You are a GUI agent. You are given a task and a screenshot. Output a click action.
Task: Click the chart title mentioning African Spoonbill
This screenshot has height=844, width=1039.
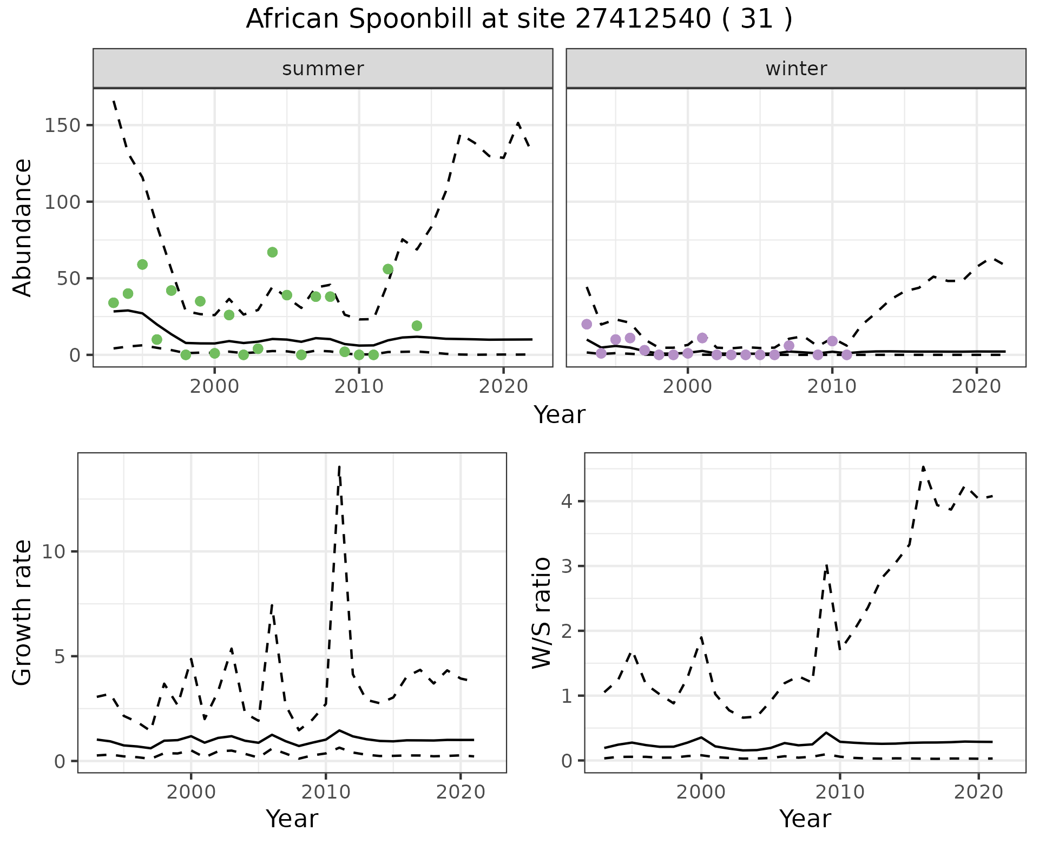(x=519, y=19)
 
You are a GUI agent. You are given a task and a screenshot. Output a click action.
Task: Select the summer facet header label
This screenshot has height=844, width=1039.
(x=323, y=69)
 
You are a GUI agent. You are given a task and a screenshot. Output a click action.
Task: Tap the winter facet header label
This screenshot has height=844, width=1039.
(x=796, y=69)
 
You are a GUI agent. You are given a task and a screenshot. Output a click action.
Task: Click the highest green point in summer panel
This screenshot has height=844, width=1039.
(x=272, y=252)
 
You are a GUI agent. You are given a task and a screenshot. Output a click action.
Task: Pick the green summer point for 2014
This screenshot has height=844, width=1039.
(x=417, y=326)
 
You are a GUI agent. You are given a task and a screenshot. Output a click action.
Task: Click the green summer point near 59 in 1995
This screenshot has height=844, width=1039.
(x=142, y=265)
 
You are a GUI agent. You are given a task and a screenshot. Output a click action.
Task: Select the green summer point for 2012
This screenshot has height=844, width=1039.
(x=387, y=269)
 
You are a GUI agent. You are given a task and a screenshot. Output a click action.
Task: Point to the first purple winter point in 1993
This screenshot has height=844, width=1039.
(x=587, y=324)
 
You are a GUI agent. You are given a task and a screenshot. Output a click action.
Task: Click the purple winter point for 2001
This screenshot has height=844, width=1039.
(x=702, y=338)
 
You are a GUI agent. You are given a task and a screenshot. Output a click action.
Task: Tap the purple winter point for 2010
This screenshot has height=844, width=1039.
(x=832, y=341)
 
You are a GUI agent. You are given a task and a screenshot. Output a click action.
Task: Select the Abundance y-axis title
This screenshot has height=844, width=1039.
(x=23, y=227)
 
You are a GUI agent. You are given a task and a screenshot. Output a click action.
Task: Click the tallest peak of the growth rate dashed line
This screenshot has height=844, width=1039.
(x=339, y=466)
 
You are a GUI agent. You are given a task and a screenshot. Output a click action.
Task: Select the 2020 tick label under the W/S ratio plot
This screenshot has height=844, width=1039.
(x=978, y=793)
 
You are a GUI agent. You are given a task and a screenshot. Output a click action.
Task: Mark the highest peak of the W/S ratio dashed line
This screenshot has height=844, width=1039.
(x=923, y=466)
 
